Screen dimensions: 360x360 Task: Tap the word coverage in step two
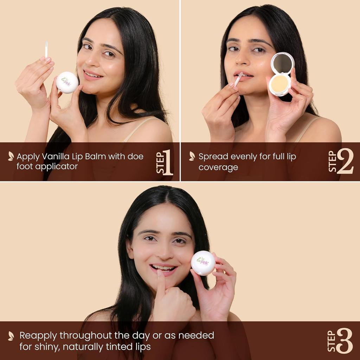tap(218, 167)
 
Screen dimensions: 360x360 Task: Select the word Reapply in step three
tap(38, 335)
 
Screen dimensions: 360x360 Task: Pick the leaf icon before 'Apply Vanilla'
tap(11, 156)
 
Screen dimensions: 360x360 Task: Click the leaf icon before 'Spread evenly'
tap(192, 156)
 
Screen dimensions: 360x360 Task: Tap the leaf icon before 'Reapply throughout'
tap(11, 336)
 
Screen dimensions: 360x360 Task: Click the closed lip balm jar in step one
tap(67, 82)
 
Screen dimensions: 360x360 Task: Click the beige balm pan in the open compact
tap(279, 84)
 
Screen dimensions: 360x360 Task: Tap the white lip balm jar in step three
tap(203, 263)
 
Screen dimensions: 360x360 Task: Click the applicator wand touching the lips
tap(238, 79)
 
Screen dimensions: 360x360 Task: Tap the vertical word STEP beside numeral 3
tap(331, 341)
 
